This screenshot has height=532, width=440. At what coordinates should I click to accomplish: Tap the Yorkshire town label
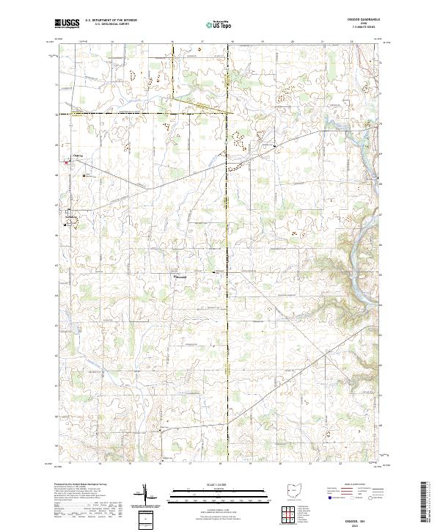coord(71,218)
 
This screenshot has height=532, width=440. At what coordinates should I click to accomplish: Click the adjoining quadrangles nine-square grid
coord(288,515)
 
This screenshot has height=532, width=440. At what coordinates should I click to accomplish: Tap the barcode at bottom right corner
coord(426,503)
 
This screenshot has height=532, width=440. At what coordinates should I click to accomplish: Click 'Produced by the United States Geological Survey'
coord(81,485)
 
